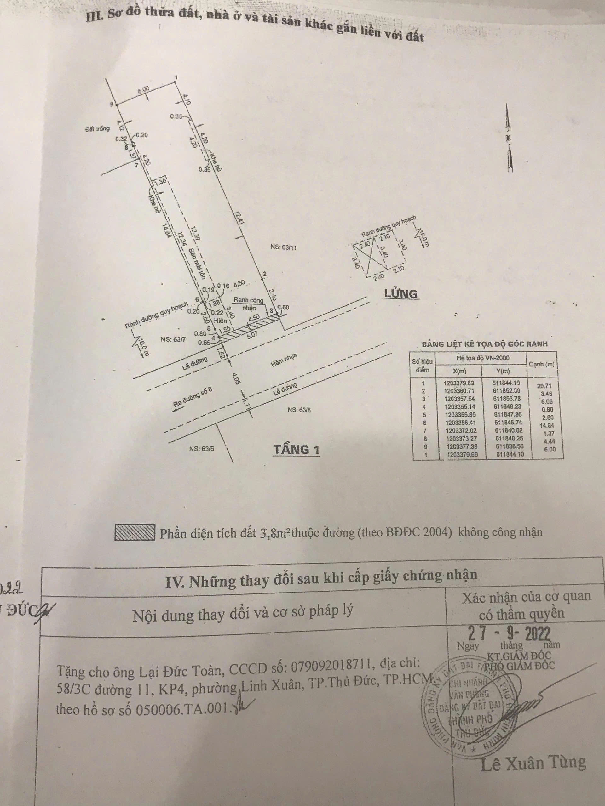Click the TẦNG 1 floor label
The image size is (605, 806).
[x=296, y=449]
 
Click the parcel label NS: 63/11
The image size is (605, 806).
[x=283, y=247]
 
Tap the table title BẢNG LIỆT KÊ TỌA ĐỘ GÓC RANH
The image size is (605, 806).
[x=485, y=343]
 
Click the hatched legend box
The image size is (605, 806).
[x=135, y=532]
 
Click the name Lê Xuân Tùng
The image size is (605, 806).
[x=533, y=762]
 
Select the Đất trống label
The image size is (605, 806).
[x=97, y=128]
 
